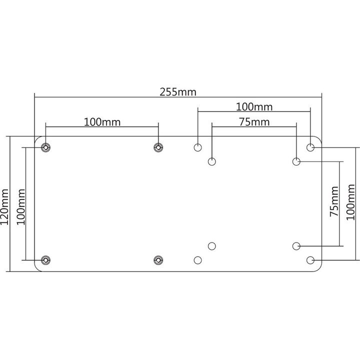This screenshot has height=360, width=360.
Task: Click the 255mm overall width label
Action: [178, 92]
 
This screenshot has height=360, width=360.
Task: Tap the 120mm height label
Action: [4, 207]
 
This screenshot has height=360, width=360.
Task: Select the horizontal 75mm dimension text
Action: [254, 122]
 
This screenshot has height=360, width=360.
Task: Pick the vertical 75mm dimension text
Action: [334, 201]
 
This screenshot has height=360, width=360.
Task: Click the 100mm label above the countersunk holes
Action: [102, 122]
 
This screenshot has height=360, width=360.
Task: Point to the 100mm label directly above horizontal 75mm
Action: [254, 107]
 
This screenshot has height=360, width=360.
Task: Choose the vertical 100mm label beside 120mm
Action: [21, 207]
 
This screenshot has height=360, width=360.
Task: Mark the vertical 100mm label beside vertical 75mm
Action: [350, 202]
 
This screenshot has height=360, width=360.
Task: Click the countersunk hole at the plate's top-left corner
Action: [45, 147]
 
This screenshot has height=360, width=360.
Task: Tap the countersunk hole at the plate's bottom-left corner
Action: [45, 260]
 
